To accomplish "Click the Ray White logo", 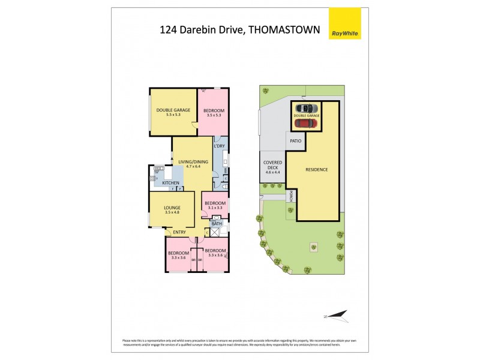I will [x=346, y=23].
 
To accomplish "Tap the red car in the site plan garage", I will [x=306, y=123].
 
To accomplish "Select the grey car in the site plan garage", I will [x=306, y=108].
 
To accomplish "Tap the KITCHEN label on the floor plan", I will [x=170, y=182].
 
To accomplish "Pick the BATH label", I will [x=217, y=224].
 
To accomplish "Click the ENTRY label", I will [x=179, y=232].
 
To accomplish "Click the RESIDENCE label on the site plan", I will [x=317, y=169].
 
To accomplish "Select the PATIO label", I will [x=295, y=141].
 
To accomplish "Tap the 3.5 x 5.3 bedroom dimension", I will [x=214, y=115].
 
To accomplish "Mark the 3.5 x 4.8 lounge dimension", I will [x=172, y=212].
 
